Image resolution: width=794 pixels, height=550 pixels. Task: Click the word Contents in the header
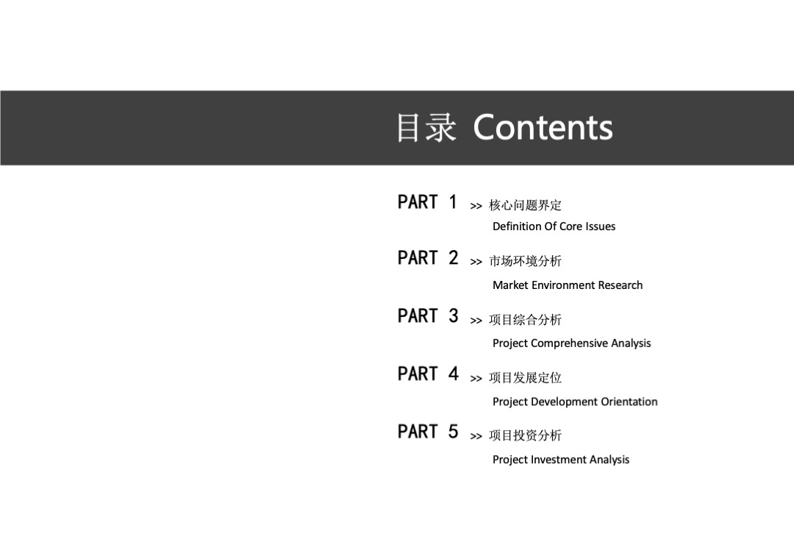coord(543,127)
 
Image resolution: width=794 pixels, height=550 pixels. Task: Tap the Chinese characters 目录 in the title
coord(426,127)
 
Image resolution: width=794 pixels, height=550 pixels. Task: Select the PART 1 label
coord(427,201)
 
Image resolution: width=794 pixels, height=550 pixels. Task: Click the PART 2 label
coord(427,258)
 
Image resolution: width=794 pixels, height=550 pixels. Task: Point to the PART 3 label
coord(427,316)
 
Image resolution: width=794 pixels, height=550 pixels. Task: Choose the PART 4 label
coord(427,374)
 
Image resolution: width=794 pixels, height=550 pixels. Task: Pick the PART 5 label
coord(427,432)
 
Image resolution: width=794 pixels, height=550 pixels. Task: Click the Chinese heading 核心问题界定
coord(525,205)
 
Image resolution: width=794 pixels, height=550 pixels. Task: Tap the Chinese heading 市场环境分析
coord(525,261)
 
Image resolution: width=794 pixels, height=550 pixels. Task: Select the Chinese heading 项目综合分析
coord(525,320)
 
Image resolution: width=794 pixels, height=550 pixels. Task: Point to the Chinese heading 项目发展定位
coord(525,378)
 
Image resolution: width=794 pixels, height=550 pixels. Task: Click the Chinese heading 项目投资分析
coord(525,436)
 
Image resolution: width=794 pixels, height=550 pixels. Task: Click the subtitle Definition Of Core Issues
coord(554,226)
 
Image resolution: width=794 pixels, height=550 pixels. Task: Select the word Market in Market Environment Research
coord(510,285)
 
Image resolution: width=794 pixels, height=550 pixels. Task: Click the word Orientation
coord(629,401)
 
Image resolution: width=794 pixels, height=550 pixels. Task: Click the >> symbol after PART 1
coord(476,207)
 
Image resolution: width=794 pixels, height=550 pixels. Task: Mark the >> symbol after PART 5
coord(476,437)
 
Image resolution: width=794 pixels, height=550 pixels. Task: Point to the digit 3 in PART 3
coord(453,316)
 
